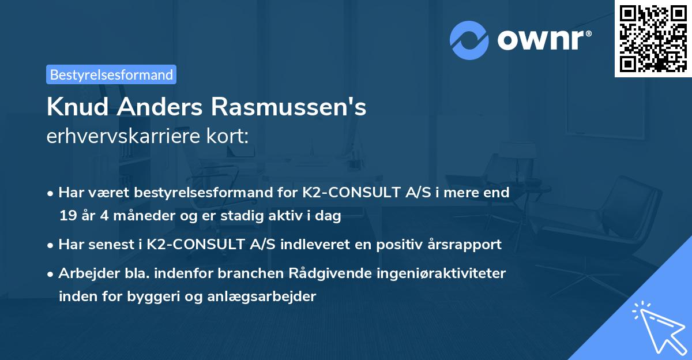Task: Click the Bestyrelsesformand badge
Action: (111, 74)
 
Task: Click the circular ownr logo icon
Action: (469, 40)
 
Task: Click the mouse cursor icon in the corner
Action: (657, 326)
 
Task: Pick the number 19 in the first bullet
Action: (67, 216)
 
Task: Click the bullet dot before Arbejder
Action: (51, 274)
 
